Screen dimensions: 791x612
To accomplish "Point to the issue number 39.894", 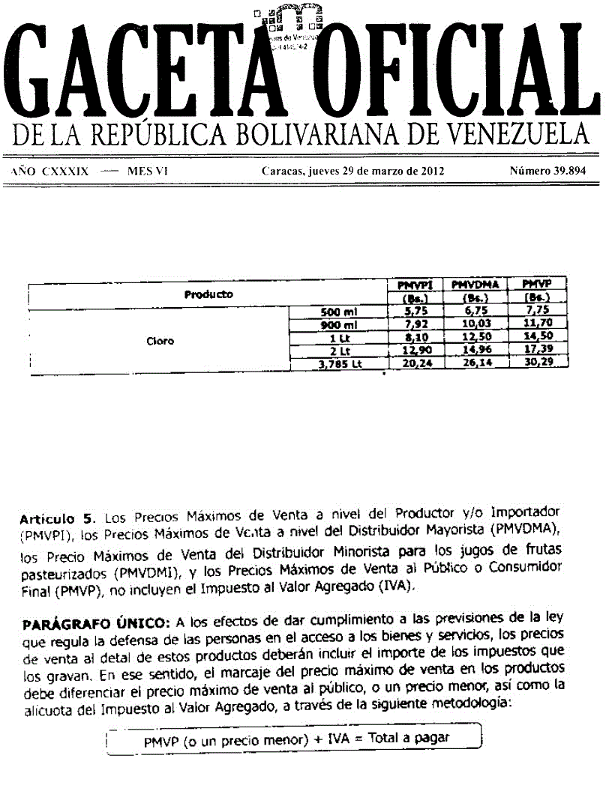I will point(568,171).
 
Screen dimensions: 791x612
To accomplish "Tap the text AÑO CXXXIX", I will point(50,171).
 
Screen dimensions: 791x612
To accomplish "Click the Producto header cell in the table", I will point(208,294).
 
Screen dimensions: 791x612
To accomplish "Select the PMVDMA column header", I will point(475,285).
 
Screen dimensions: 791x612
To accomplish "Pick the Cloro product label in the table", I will point(160,341).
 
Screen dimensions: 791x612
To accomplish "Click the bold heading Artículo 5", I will point(58,518).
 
